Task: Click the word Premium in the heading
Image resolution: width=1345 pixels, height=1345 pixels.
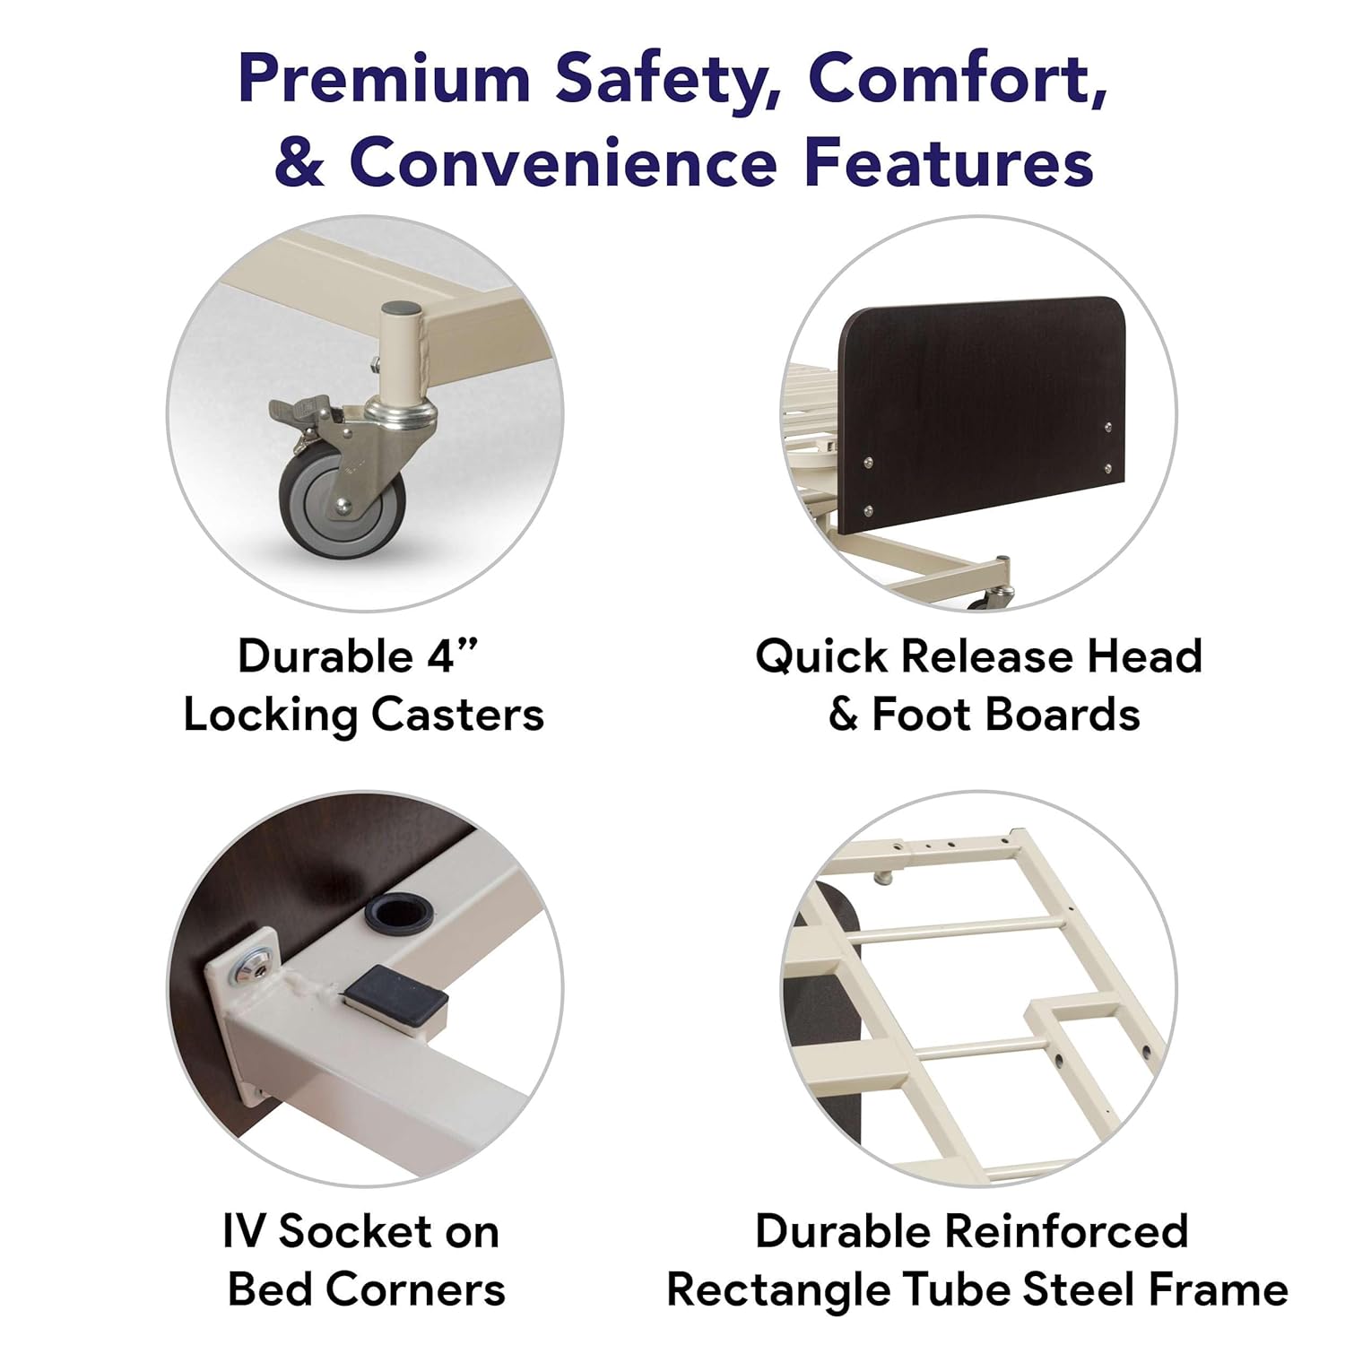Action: pos(386,79)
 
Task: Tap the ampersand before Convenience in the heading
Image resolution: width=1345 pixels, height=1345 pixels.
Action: pos(299,163)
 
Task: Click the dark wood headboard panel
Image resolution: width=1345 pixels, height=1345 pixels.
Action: pos(982,408)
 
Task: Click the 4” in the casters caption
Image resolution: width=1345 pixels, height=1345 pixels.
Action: pos(450,656)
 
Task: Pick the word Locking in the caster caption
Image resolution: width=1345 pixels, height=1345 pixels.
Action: pos(270,716)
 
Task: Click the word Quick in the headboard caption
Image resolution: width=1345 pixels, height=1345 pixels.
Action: pos(821,656)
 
